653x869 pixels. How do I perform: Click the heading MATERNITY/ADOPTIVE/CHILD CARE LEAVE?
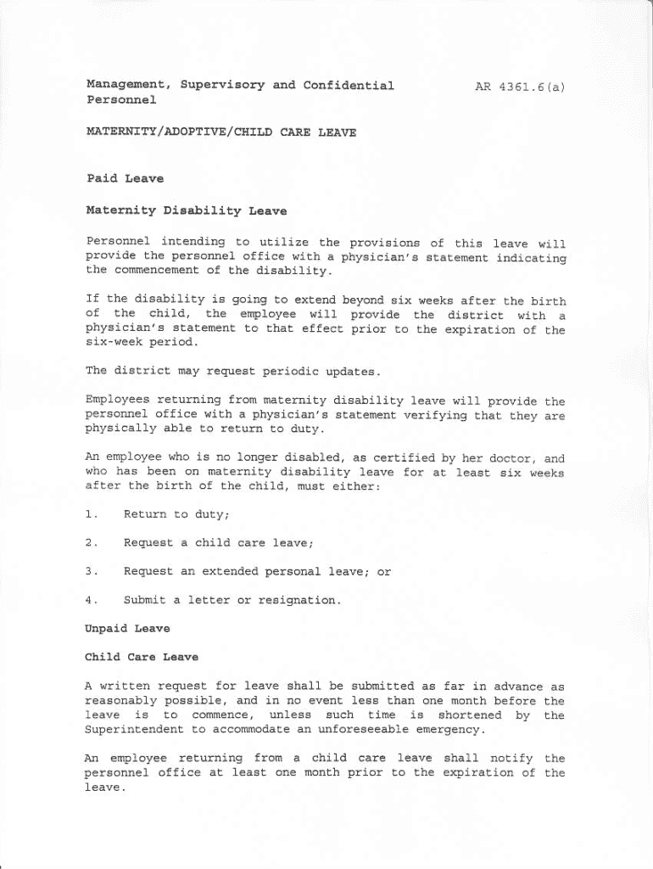(x=220, y=132)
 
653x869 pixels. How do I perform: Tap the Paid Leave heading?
(x=125, y=179)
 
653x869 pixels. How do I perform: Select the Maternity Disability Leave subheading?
(x=187, y=210)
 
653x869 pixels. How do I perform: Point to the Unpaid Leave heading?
(x=127, y=629)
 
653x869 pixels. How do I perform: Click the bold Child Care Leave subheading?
(x=141, y=657)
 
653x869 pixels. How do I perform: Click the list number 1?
(x=92, y=513)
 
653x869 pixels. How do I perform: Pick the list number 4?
(x=92, y=600)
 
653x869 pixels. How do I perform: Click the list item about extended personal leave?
(x=257, y=571)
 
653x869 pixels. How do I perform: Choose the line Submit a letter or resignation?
(x=232, y=600)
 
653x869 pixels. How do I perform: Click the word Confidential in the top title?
(x=349, y=86)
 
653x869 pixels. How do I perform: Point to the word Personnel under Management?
(x=121, y=100)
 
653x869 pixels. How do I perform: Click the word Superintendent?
(x=133, y=730)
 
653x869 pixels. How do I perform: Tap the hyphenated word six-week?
(x=117, y=343)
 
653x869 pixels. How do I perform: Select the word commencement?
(x=161, y=271)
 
